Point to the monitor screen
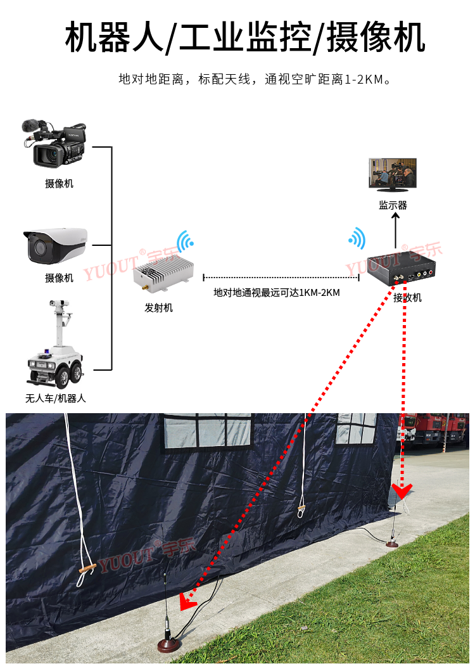coord(393,174)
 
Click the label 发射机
coord(158,308)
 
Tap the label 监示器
coord(393,205)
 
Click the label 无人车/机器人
coord(55,399)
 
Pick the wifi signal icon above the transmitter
coord(185,241)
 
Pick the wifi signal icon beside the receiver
coord(357,238)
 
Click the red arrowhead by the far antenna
coord(402,490)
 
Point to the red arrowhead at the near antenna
coord(187,602)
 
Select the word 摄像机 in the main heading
coord(376,37)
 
